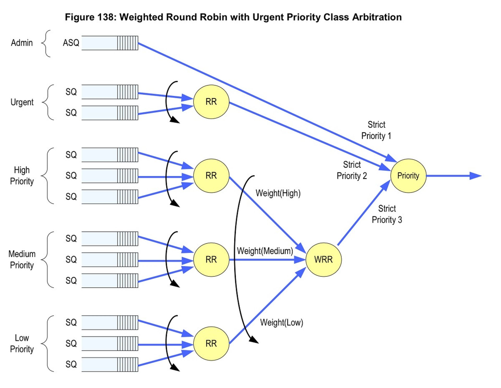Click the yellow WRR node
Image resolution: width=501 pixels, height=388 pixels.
(323, 259)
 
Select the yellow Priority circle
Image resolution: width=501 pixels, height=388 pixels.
(408, 176)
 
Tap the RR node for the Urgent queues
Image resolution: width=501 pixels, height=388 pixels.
(211, 102)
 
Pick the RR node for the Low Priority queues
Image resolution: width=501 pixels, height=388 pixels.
(211, 343)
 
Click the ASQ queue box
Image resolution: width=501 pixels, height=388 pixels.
(110, 43)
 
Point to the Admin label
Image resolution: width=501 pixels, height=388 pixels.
(22, 43)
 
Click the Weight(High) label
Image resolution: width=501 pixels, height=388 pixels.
(278, 193)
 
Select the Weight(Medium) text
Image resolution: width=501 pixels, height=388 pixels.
(265, 251)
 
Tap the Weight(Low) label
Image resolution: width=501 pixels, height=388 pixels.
(281, 323)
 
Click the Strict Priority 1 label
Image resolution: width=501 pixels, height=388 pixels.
(376, 130)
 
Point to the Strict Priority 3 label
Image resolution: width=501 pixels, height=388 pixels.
(387, 214)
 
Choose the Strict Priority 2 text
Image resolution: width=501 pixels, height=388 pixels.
(352, 170)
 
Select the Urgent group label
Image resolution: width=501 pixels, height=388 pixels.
(22, 102)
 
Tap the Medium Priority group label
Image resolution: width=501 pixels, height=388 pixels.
(22, 259)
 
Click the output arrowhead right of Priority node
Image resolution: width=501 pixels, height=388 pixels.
(475, 176)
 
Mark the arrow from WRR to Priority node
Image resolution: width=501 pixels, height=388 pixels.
(363, 214)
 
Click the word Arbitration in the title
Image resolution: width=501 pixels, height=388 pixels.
(377, 17)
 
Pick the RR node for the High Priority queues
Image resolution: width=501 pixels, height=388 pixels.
(211, 176)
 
